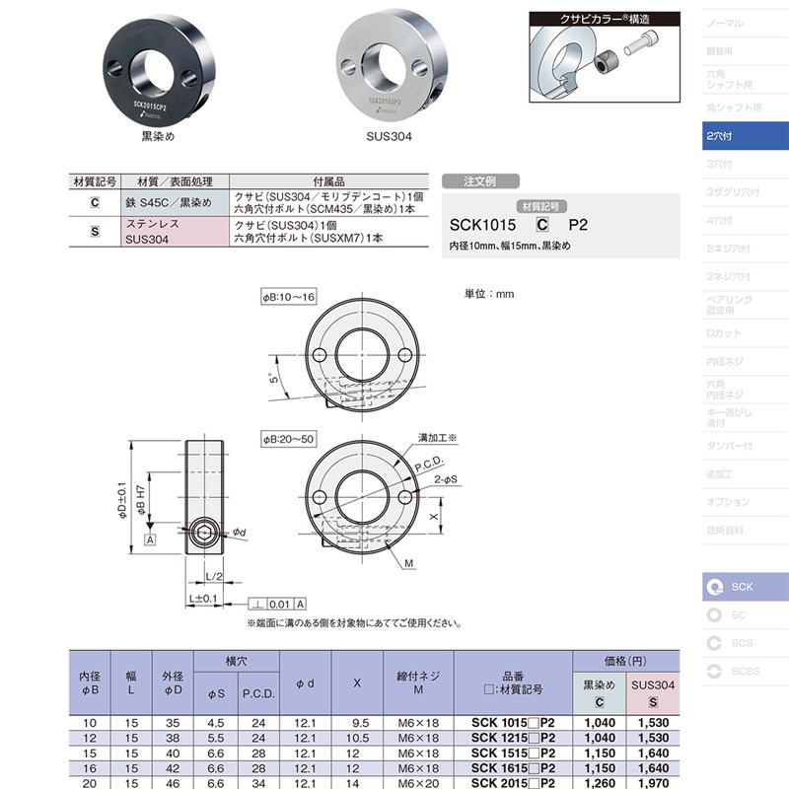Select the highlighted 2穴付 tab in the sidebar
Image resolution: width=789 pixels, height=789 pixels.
pos(745,135)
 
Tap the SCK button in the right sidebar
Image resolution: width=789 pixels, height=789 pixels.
pos(745,587)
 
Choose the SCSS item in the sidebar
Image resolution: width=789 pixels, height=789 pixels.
pos(745,672)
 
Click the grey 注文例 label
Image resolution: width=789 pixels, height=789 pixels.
pos(480,181)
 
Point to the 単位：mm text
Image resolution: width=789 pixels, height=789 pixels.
pos(490,294)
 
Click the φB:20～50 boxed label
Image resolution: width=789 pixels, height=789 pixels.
pos(288,437)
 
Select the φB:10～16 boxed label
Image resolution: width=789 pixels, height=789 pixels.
pos(288,297)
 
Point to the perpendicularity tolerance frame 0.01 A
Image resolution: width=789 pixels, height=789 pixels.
pos(278,604)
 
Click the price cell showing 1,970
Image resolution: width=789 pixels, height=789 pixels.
pos(653,783)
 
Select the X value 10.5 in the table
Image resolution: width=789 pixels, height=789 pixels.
pos(360,738)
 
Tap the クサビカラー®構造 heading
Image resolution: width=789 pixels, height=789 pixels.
pos(605,17)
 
